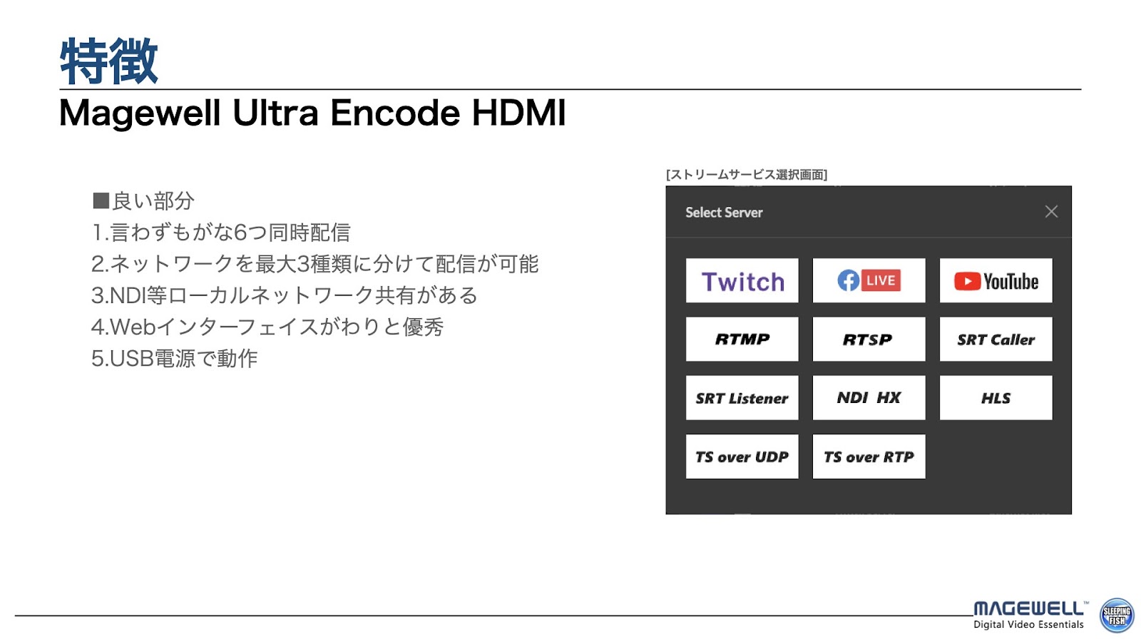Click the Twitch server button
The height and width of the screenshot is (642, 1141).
tap(742, 280)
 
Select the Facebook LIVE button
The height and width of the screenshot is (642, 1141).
tap(869, 280)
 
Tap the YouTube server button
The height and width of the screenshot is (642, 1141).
tap(996, 280)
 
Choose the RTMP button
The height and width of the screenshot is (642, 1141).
tap(742, 339)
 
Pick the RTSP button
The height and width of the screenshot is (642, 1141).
tap(869, 339)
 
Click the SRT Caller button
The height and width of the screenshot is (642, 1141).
tap(996, 339)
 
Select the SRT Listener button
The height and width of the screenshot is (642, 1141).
tap(742, 397)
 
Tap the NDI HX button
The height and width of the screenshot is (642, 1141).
tap(869, 397)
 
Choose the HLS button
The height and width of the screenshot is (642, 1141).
tap(996, 397)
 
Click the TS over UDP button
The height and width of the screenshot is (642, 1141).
tap(742, 456)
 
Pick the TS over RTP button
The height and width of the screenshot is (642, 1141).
tap(869, 456)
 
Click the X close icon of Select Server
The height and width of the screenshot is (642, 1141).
tap(1051, 211)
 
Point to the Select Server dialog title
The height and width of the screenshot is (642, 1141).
tap(724, 213)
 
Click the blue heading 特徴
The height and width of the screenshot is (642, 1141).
tap(108, 61)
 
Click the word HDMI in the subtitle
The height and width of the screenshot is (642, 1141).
tap(518, 113)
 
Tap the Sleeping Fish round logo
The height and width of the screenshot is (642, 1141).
tap(1117, 616)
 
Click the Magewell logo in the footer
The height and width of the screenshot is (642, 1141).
tap(1029, 615)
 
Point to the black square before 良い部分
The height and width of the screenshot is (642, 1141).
tap(101, 200)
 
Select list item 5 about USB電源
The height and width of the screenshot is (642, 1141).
tap(174, 358)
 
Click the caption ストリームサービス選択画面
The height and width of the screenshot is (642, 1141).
tap(746, 175)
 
